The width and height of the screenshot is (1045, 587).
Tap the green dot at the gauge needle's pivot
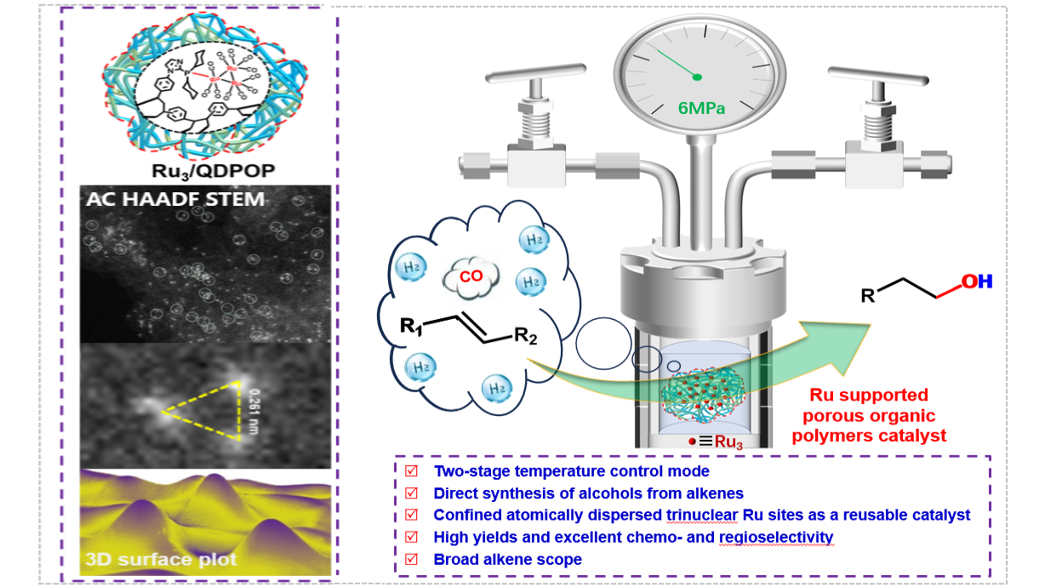(697, 77)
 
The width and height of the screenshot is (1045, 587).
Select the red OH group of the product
(977, 281)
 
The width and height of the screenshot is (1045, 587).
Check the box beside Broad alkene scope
(412, 559)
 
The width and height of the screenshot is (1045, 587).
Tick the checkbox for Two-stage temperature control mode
(412, 470)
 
